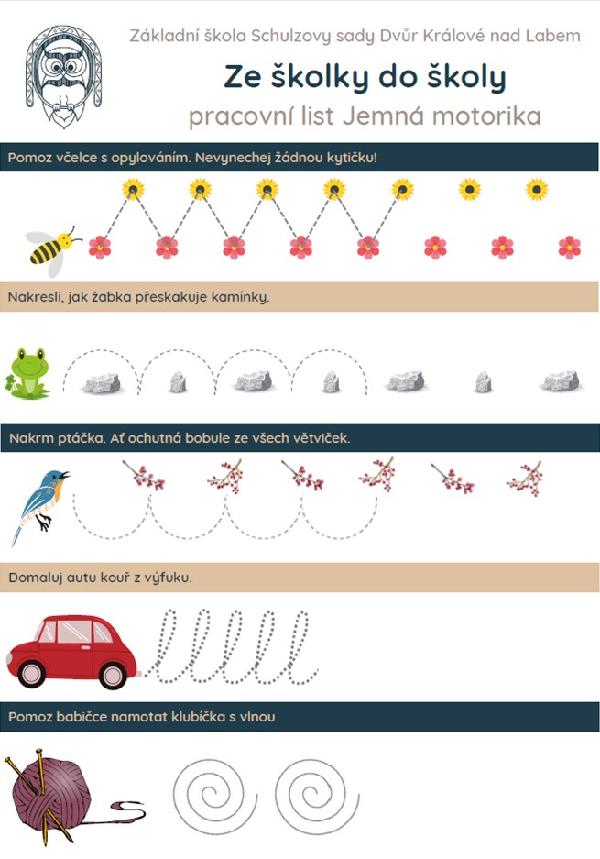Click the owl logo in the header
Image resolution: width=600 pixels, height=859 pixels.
63,75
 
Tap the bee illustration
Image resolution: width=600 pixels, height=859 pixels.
52,249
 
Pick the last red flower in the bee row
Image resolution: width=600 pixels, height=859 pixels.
570,248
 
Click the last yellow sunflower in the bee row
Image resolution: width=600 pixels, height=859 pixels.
537,190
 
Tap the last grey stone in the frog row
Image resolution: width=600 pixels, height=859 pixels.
560,381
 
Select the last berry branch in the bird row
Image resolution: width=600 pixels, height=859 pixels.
526,479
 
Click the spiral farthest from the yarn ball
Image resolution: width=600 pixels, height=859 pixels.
316,793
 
